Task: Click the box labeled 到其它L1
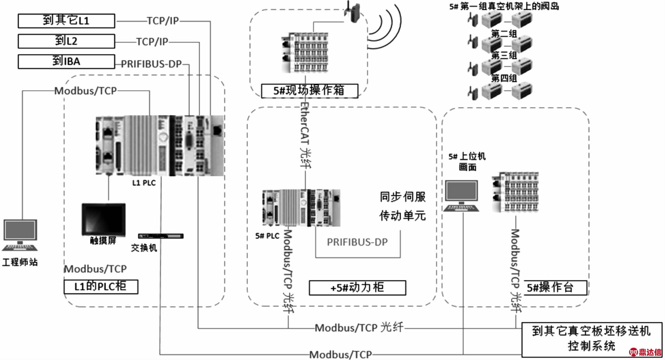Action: point(66,21)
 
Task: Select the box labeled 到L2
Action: point(66,41)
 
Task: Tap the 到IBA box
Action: point(66,62)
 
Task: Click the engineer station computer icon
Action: point(20,235)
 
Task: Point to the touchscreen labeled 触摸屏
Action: point(103,219)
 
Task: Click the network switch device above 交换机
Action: point(161,236)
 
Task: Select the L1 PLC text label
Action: point(144,183)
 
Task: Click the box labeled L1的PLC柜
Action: point(101,286)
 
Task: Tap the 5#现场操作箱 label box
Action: point(309,91)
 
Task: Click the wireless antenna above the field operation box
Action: point(352,11)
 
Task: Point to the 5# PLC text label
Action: point(267,236)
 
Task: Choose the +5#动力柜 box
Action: point(357,288)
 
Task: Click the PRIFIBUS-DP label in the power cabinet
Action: point(357,242)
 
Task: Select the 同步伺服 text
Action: point(403,197)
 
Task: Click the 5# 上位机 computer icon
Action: point(461,196)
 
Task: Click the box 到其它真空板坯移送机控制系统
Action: point(591,339)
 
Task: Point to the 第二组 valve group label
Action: point(504,34)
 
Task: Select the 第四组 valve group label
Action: point(504,78)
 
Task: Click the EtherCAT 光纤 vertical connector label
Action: point(305,135)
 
